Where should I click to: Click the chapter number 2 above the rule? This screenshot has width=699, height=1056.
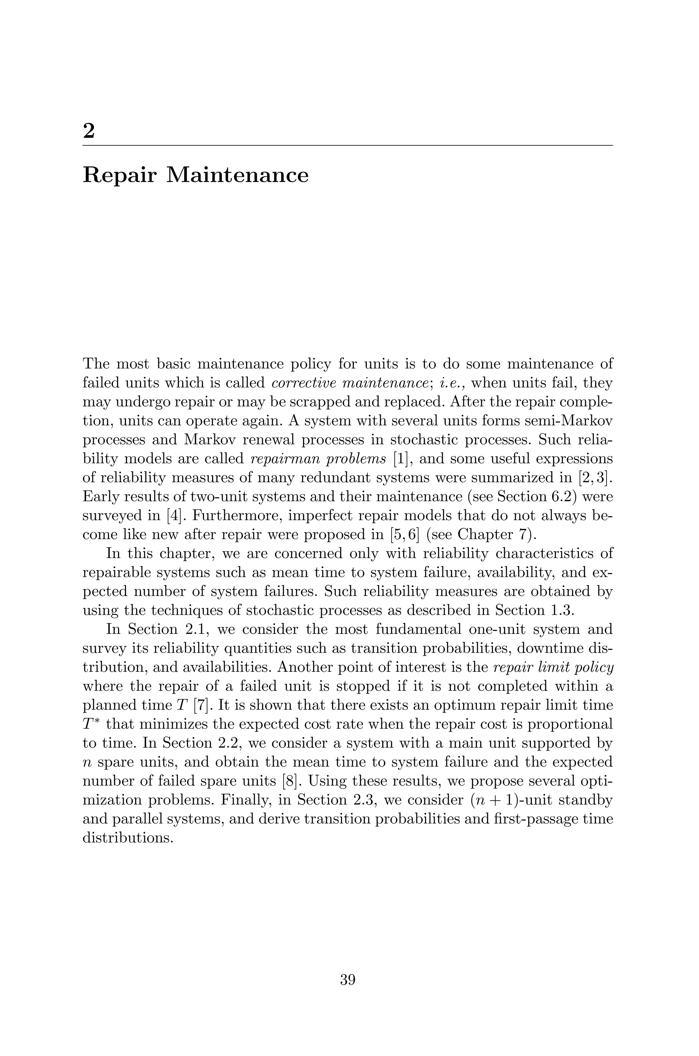click(89, 131)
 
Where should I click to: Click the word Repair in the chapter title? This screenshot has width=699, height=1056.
click(119, 175)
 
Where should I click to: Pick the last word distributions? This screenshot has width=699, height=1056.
click(128, 838)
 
